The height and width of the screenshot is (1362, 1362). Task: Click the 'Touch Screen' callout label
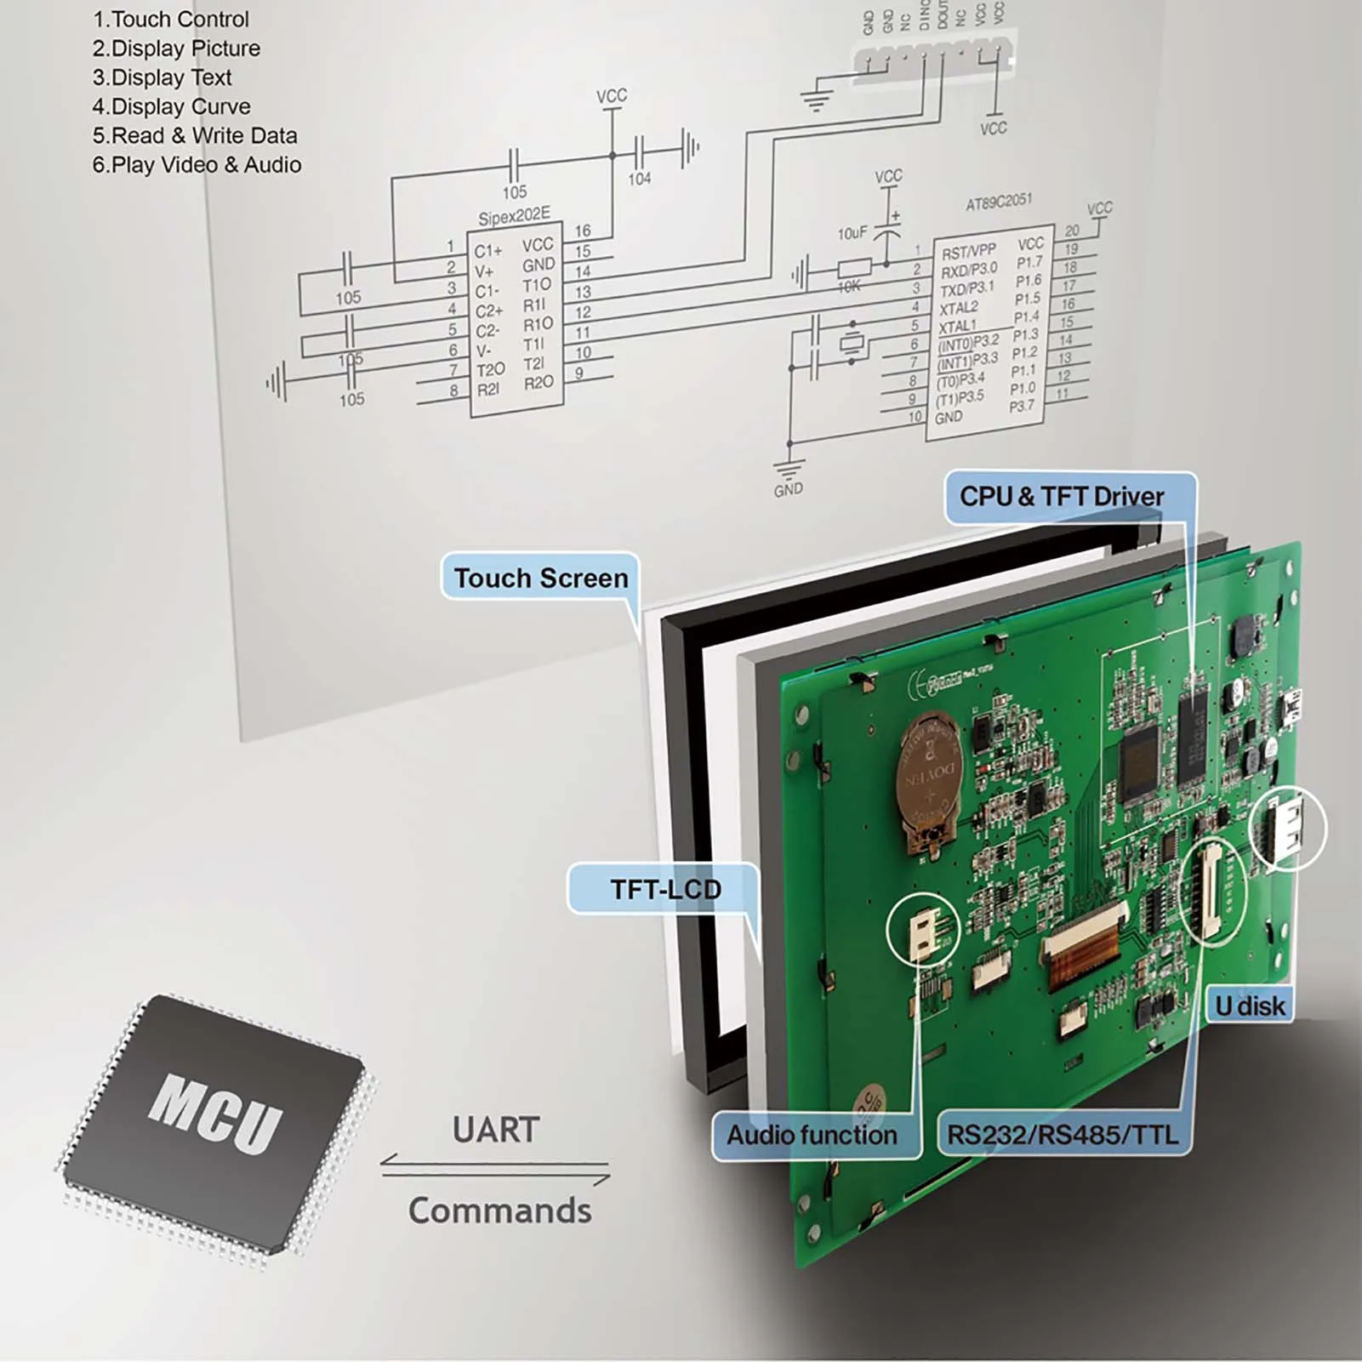point(540,578)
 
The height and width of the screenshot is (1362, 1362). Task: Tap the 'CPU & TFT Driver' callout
point(1062,497)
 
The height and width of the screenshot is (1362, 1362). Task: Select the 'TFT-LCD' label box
point(665,889)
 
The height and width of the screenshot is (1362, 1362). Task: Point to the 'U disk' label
point(1250,1006)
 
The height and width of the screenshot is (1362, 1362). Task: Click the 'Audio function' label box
point(812,1135)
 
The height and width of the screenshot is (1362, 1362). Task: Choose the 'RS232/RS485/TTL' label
point(1063,1135)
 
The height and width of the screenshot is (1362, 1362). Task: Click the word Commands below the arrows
point(499,1211)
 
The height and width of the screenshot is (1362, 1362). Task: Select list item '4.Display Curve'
point(171,106)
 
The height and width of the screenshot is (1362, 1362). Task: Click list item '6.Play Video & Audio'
point(197,165)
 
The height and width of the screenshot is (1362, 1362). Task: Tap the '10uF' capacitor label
point(852,232)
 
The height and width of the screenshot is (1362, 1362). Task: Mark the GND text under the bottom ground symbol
point(788,490)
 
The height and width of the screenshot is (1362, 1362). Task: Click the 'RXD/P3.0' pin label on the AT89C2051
point(969,271)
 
